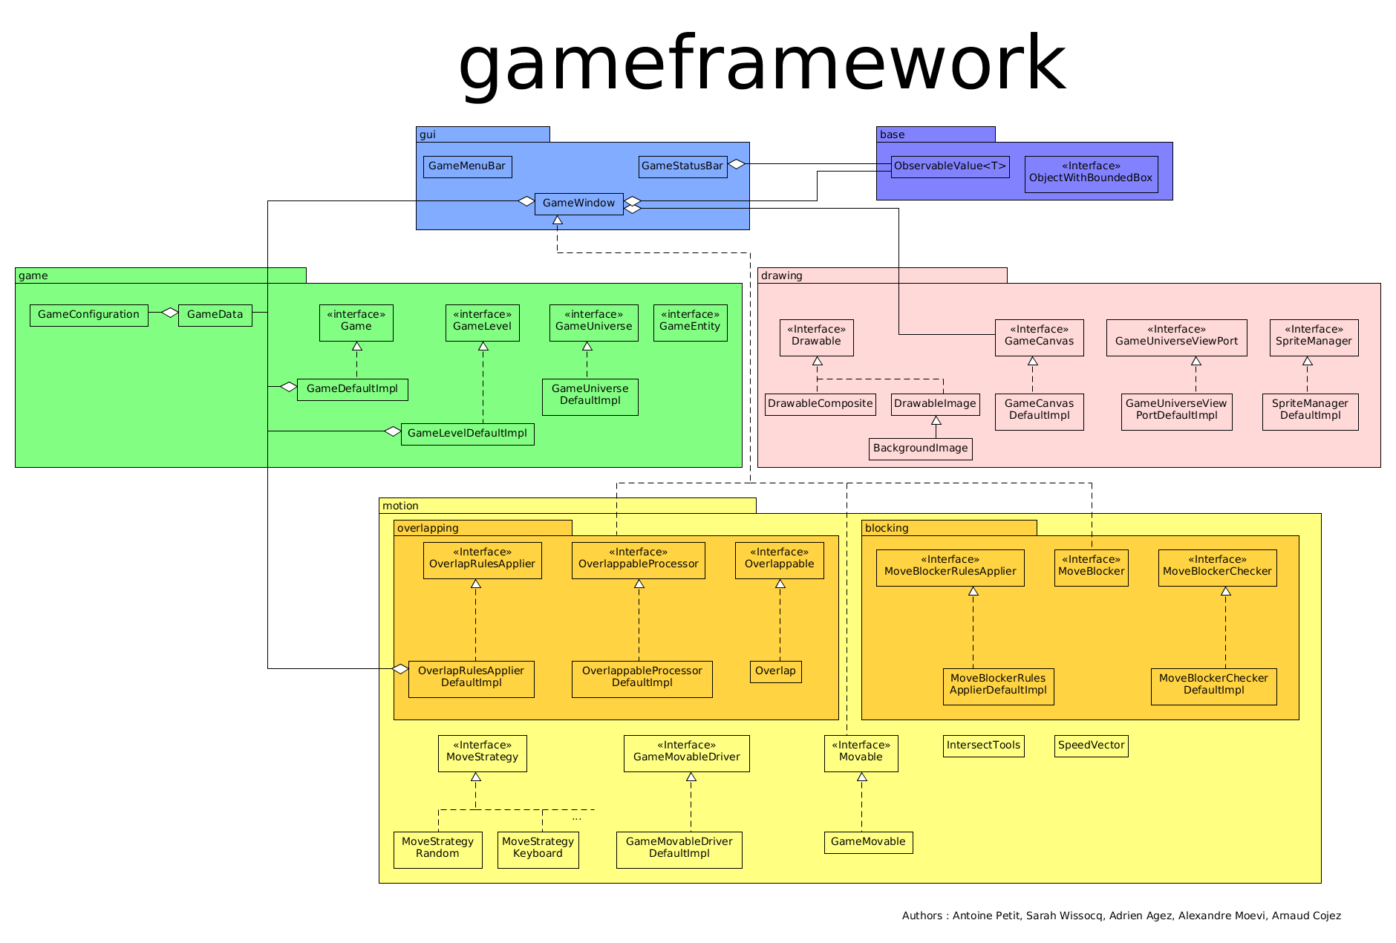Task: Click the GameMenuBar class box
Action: tap(467, 166)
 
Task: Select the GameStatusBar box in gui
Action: tap(682, 166)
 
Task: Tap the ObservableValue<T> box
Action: tap(950, 166)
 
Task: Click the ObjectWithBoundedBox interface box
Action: tap(1091, 174)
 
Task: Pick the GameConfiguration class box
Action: tap(88, 315)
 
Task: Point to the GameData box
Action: tap(215, 315)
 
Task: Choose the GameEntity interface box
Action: tap(690, 322)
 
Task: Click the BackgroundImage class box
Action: tap(920, 448)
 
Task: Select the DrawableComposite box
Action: tap(820, 404)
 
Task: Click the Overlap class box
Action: tap(775, 671)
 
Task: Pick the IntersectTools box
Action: tap(983, 745)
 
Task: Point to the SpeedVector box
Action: tap(1091, 745)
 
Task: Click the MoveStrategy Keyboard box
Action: tap(538, 849)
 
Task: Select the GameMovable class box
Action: tap(868, 842)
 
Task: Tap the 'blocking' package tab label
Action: tap(887, 528)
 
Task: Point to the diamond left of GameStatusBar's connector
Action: tap(736, 164)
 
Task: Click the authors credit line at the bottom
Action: tap(1121, 916)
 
